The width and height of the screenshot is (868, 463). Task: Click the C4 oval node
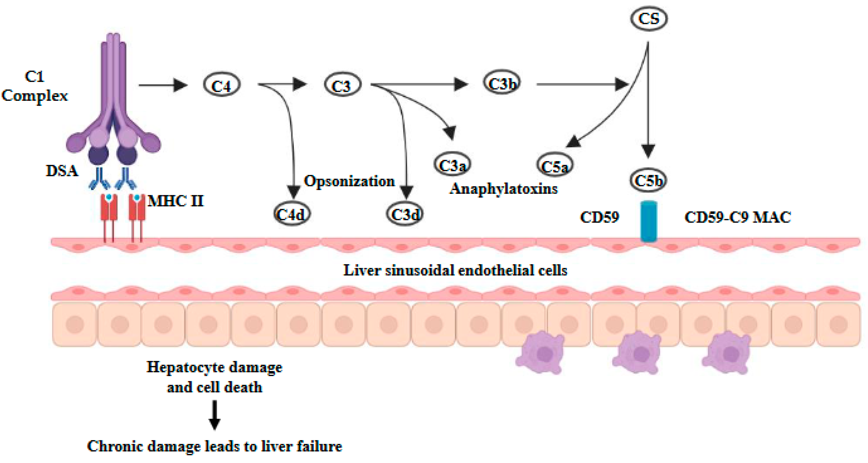221,85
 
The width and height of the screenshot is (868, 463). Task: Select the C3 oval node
342,85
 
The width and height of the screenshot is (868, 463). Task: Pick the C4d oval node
291,214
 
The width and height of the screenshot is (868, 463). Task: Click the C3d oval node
405,214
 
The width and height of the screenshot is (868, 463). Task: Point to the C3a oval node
452,165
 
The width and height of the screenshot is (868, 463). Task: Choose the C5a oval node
554,165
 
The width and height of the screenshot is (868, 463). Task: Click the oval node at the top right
649,18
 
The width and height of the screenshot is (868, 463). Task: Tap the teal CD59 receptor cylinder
648,221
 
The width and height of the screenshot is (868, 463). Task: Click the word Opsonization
349,181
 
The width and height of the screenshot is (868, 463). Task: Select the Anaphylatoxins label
503,188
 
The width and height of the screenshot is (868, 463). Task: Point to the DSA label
62,171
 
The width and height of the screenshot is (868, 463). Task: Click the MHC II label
176,201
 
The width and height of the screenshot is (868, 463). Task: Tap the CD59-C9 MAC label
738,217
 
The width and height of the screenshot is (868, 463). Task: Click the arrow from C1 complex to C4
163,85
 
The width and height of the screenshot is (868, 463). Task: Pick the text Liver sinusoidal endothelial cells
455,270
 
